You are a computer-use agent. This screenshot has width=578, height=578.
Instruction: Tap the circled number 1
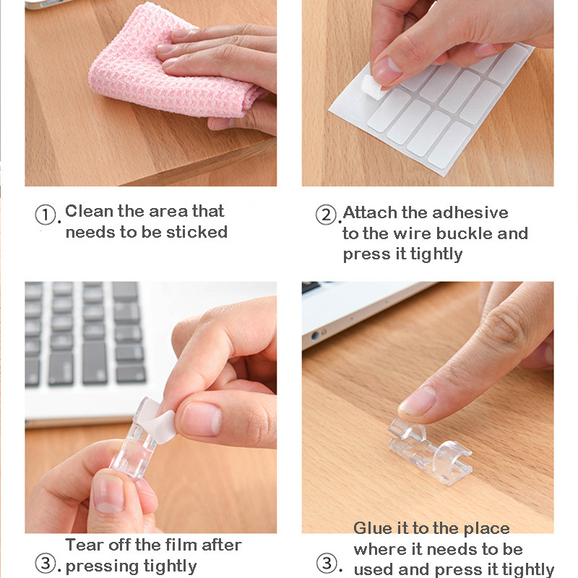[46, 215]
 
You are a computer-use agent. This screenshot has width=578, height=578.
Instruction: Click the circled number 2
[327, 215]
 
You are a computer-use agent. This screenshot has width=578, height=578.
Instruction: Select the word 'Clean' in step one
[89, 211]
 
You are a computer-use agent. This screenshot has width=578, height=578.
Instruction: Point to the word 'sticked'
[197, 232]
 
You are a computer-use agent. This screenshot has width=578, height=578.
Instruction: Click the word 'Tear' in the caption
[84, 545]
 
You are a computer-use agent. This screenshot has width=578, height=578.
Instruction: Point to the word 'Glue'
[373, 528]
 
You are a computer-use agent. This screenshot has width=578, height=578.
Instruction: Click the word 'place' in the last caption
[486, 529]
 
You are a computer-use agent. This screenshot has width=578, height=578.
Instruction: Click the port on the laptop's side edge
[315, 336]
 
